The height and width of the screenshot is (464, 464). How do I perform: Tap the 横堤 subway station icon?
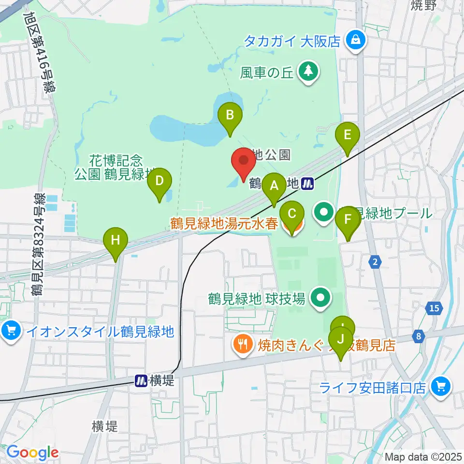[141, 381]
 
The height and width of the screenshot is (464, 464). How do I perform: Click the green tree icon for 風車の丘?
[308, 72]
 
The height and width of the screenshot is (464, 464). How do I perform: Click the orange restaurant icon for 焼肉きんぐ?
[241, 344]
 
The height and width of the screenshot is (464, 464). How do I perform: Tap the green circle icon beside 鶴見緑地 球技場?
[319, 298]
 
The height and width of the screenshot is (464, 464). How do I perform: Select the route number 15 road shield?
[435, 308]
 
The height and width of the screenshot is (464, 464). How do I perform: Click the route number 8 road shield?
[418, 336]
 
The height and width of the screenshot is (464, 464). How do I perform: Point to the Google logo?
[32, 452]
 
